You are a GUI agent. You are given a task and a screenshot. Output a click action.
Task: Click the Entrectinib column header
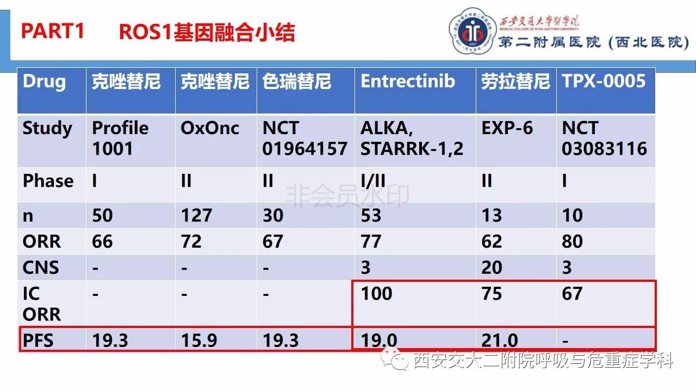point(408,81)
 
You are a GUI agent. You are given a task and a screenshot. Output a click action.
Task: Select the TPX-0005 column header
point(604,81)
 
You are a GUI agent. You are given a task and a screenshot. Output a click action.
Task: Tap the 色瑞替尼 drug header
point(297,81)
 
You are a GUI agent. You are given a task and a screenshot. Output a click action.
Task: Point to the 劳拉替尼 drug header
point(515,81)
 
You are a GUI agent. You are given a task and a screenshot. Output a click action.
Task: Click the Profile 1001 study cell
point(120,138)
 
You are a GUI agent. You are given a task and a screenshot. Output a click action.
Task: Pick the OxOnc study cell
point(210,128)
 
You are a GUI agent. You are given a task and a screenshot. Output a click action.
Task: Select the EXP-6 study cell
point(507,128)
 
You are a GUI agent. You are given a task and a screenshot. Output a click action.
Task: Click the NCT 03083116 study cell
point(604,138)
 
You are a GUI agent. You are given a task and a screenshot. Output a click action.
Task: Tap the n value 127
point(196,216)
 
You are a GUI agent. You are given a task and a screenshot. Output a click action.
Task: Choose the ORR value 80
point(572,242)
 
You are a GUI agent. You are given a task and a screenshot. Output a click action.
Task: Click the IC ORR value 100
point(376,294)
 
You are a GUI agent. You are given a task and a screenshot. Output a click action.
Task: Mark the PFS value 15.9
point(199,340)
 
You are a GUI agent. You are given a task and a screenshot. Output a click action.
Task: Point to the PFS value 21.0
point(500,340)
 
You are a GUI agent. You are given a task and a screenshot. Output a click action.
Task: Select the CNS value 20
point(492,268)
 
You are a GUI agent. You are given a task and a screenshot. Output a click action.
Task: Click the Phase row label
point(48,181)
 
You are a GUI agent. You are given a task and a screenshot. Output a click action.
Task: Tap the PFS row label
point(38,340)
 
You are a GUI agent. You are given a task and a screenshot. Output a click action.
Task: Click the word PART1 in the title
point(53,31)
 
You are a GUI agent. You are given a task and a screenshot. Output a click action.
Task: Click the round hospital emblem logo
point(472,31)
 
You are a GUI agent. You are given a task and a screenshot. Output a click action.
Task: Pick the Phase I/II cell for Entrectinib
point(373,181)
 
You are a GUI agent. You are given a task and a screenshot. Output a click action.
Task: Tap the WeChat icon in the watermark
point(395,359)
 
